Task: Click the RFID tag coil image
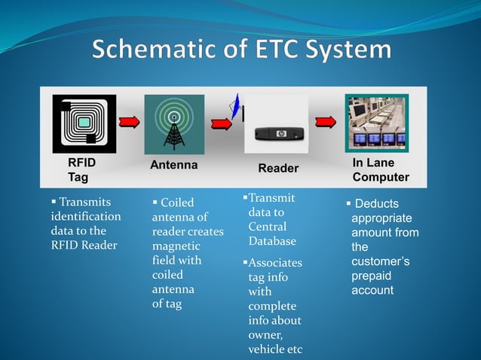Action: coord(84,124)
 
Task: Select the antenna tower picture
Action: coord(174,124)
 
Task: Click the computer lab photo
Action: coord(376,123)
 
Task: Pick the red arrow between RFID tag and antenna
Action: coord(130,123)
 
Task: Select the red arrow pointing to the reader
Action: coord(220,123)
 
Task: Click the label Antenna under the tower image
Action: coord(173,165)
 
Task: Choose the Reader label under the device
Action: coord(278,169)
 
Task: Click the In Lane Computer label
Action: coord(380,170)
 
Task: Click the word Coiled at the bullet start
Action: coord(177,203)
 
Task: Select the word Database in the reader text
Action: coord(272,241)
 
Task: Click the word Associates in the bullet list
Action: coord(276,263)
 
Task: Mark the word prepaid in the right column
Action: coord(372,276)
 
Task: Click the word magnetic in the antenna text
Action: coord(176,246)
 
